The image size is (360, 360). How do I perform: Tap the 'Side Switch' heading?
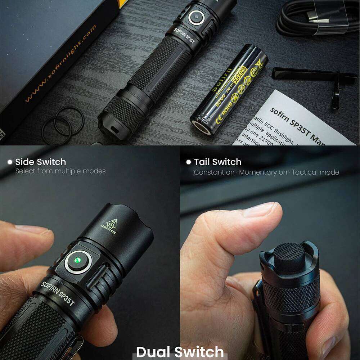click(40, 162)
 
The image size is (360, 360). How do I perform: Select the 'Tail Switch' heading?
click(217, 162)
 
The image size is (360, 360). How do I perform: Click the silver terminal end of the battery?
click(201, 127)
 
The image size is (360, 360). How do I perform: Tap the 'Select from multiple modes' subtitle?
click(60, 171)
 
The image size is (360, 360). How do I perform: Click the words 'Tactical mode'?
click(315, 172)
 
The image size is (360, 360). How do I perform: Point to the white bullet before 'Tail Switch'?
click(188, 162)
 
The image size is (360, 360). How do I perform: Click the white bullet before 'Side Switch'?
click(10, 162)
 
